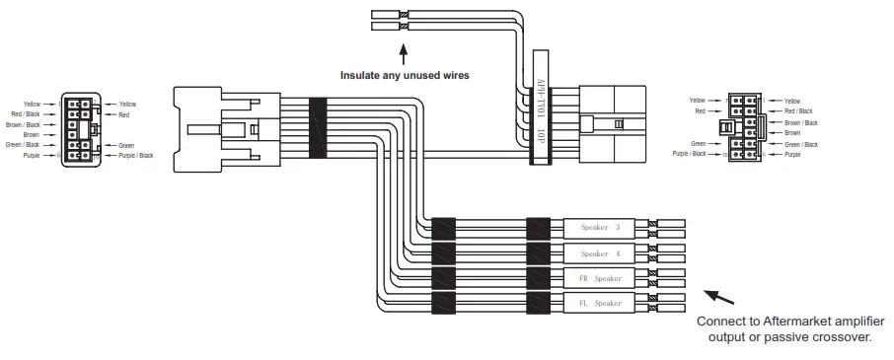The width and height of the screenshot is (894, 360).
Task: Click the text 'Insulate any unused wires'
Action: pos(405,75)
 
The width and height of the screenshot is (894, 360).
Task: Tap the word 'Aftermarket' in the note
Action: pos(799,322)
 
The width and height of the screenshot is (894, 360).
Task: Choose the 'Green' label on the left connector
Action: pos(126,145)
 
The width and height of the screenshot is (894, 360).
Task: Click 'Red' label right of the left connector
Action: pos(124,114)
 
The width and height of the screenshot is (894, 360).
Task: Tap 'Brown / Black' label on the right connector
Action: pos(800,122)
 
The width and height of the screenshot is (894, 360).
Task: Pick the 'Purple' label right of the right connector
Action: pos(792,154)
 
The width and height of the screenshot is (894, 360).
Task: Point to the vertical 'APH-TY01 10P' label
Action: pos(540,108)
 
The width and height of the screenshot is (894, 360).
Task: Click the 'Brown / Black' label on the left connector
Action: pos(23,125)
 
